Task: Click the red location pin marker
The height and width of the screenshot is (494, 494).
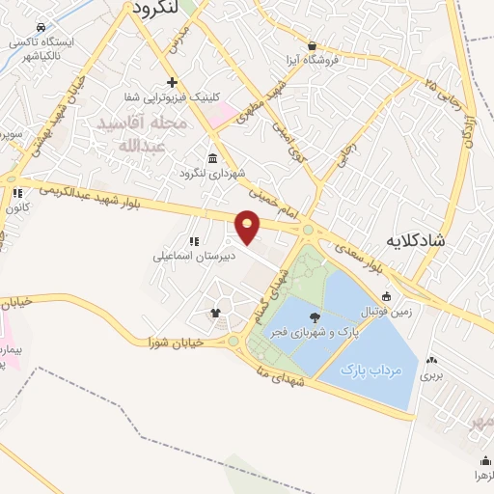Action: point(249,227)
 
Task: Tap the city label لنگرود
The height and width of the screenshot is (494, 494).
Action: point(155,7)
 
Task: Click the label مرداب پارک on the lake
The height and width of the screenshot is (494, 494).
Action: point(377,369)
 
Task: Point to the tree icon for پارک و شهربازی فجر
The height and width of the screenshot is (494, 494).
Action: point(316,316)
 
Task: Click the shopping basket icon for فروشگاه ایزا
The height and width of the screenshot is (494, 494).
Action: point(312,45)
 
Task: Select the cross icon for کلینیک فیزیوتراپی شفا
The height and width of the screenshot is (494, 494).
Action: point(172,82)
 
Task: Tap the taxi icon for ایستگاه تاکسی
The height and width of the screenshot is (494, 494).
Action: point(40,28)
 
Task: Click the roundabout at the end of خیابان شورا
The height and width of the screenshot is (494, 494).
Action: point(233,341)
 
